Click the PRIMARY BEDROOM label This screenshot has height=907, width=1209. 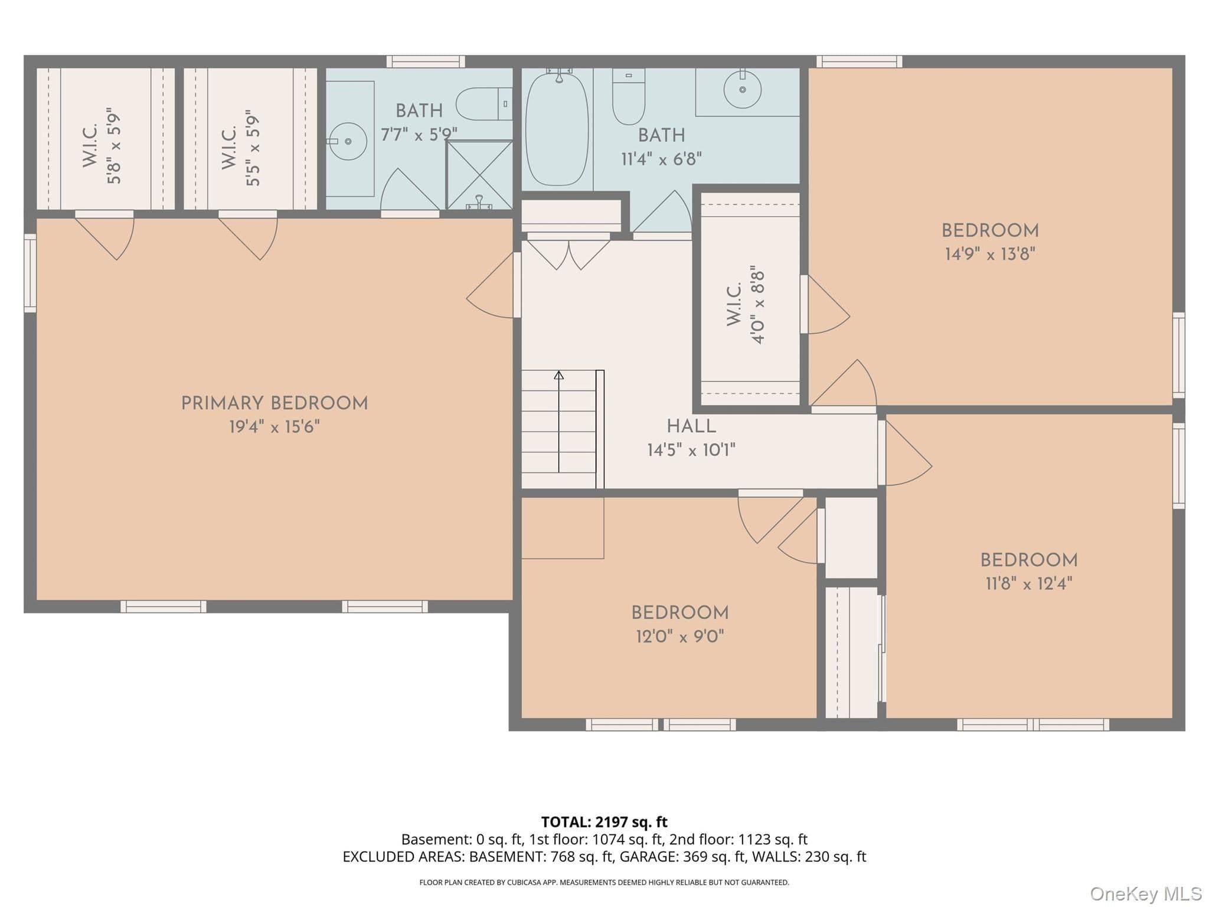(275, 403)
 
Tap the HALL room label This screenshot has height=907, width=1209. (691, 426)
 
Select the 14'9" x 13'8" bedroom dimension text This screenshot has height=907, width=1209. (990, 254)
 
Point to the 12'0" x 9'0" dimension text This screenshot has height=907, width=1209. (679, 636)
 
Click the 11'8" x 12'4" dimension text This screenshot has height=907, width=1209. (1029, 583)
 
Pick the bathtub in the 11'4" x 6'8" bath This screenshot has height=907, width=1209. (557, 128)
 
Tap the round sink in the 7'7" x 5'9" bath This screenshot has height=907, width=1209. (348, 141)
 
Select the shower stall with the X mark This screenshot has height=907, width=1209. (479, 175)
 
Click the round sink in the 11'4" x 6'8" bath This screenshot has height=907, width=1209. (742, 89)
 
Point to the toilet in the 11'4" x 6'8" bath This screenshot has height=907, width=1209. (628, 96)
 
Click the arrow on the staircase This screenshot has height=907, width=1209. (558, 422)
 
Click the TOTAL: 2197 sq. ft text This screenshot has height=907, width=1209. (604, 821)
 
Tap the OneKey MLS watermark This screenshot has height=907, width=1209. (1145, 894)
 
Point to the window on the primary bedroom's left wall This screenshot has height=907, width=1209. (30, 273)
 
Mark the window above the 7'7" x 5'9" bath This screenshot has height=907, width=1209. (426, 61)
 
